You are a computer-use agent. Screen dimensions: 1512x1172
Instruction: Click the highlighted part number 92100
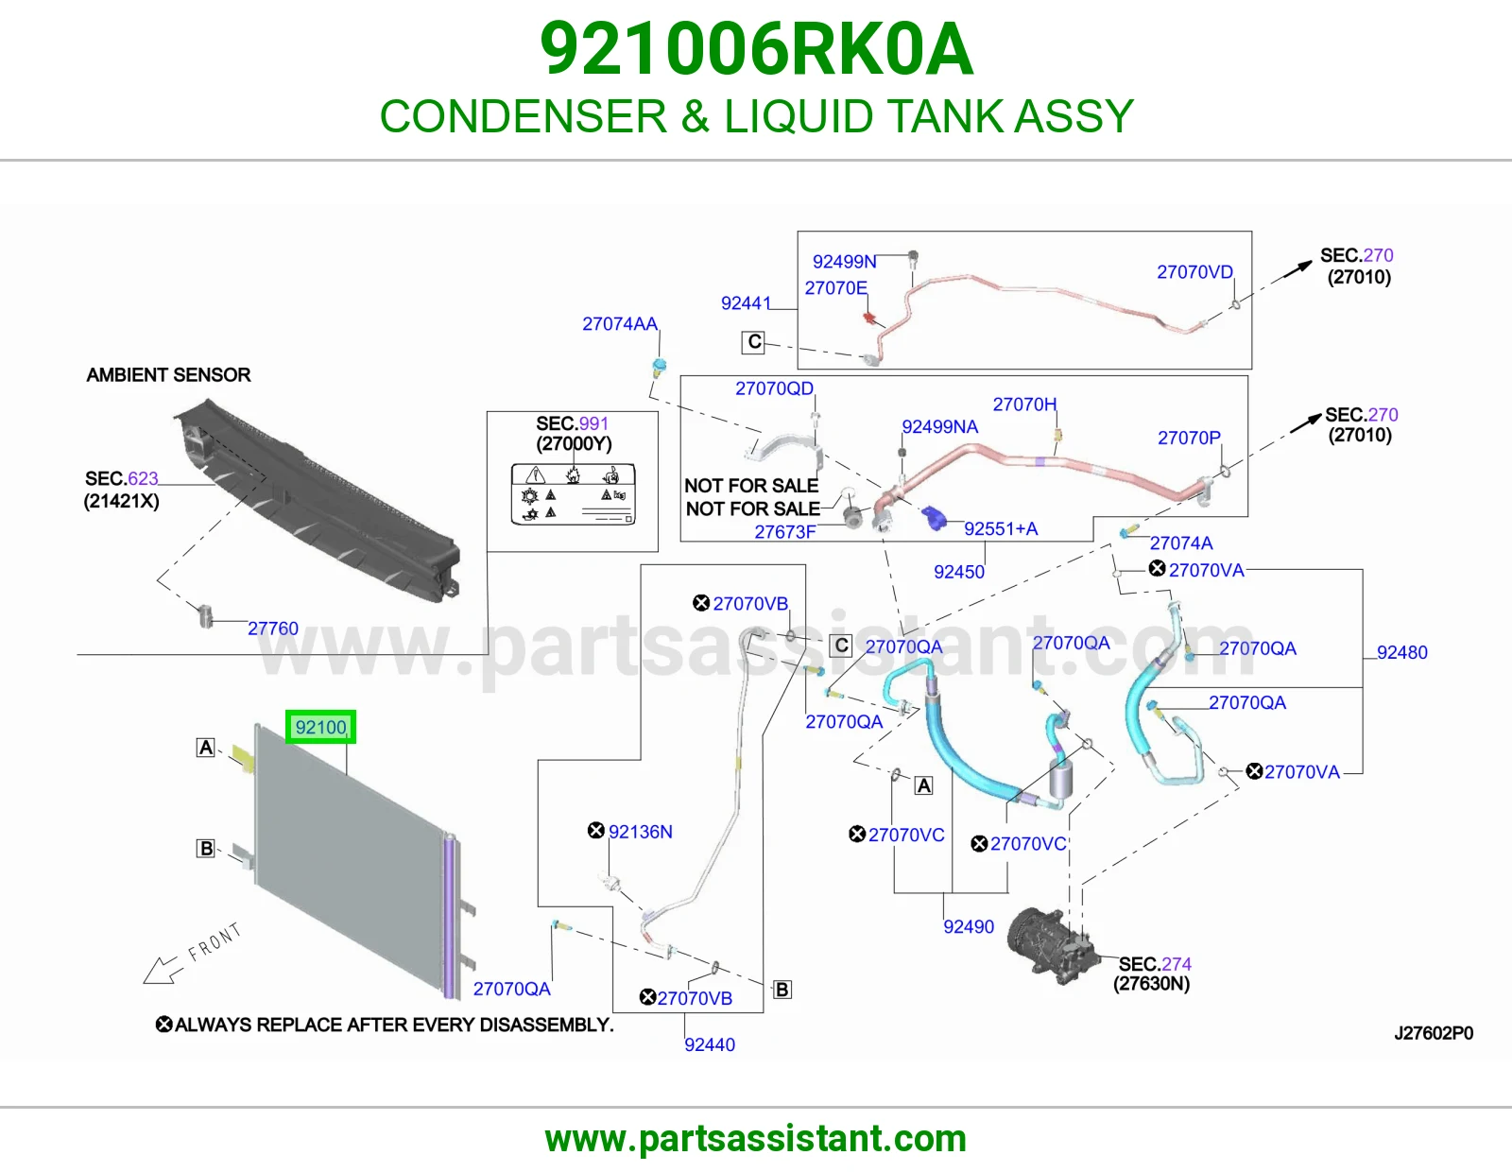[x=320, y=727]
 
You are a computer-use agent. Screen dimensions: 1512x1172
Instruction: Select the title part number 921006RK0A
[x=756, y=49]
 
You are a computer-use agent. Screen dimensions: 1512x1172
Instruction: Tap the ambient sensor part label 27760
[x=273, y=629]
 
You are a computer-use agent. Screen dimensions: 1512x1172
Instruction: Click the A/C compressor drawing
[x=1052, y=944]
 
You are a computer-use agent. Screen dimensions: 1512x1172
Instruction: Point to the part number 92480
[x=1402, y=652]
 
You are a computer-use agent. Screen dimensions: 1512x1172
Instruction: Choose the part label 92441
[x=746, y=302]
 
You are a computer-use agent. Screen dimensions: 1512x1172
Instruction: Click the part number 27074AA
[x=619, y=323]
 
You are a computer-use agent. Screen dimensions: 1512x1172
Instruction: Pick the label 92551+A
[x=1001, y=529]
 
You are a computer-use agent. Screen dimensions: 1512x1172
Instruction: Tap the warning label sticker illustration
[x=573, y=494]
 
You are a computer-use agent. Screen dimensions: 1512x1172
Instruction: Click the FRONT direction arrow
[x=162, y=970]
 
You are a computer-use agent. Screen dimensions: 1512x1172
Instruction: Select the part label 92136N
[x=640, y=832]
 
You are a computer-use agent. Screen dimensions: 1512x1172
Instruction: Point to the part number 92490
[x=969, y=926]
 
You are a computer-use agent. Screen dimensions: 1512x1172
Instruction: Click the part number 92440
[x=710, y=1044]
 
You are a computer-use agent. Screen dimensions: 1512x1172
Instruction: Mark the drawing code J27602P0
[x=1434, y=1033]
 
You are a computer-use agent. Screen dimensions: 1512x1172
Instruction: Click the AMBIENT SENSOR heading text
[x=168, y=375]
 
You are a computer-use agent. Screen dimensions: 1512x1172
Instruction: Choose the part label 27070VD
[x=1194, y=272]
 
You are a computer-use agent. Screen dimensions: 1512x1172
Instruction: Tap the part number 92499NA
[x=940, y=426]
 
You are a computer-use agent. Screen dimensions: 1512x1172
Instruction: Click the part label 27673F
[x=785, y=532]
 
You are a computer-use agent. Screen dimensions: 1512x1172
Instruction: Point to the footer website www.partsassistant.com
[x=756, y=1139]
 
